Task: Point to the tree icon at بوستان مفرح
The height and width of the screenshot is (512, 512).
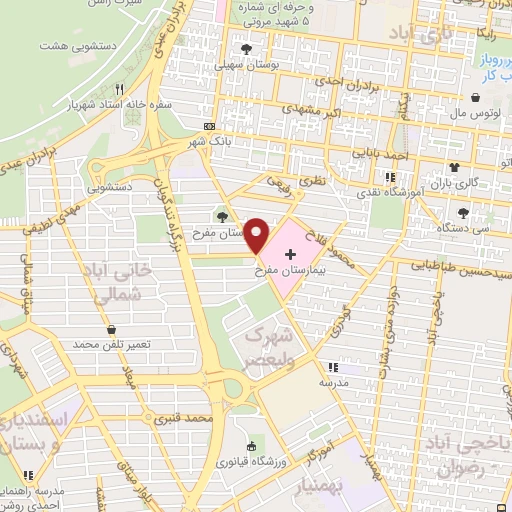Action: click(x=222, y=214)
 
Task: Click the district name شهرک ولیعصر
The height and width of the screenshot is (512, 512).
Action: click(x=271, y=345)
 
